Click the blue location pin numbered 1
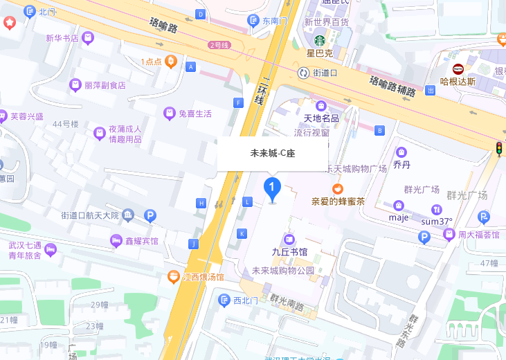(x=273, y=188)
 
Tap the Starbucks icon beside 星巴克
(x=320, y=39)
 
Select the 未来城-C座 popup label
(x=273, y=153)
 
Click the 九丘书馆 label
(x=289, y=252)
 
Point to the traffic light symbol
(x=498, y=149)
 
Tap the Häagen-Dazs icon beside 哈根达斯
(x=458, y=69)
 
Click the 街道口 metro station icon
(x=303, y=72)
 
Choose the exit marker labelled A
(x=191, y=66)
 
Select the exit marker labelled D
(x=201, y=14)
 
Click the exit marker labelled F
(x=240, y=103)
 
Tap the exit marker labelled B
(x=379, y=130)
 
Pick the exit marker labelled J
(x=194, y=244)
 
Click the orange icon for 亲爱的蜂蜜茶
(x=338, y=188)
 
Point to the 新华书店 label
(x=62, y=38)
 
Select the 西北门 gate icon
(x=224, y=300)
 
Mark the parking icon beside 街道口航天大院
(x=150, y=216)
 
